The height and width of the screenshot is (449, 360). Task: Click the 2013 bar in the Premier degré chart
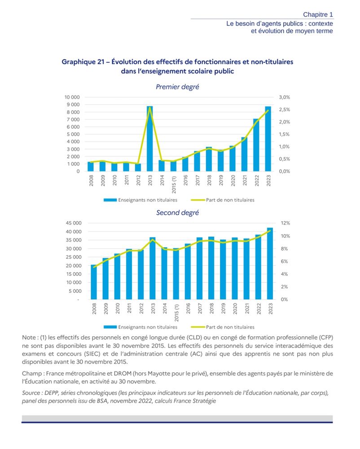(x=149, y=139)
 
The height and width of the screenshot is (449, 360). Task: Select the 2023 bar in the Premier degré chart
(x=268, y=139)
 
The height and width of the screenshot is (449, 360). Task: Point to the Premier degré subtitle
(x=177, y=87)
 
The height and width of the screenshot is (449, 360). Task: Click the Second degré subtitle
(x=177, y=213)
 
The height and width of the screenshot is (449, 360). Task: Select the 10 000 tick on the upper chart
(x=72, y=97)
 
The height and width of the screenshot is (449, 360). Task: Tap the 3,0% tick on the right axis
(x=285, y=97)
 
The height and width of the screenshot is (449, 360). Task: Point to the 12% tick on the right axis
(x=285, y=223)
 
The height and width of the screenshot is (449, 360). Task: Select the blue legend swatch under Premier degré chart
(x=110, y=200)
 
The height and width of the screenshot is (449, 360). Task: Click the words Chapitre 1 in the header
(x=318, y=15)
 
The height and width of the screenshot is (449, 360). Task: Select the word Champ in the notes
(x=32, y=374)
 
